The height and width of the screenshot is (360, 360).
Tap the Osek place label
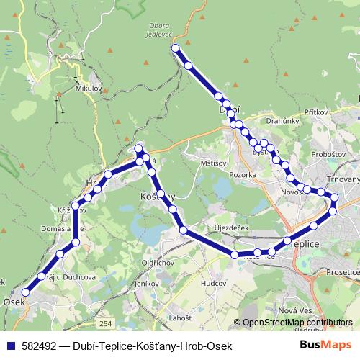(14, 302)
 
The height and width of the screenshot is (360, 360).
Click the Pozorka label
(243, 174)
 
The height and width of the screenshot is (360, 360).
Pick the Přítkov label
(316, 113)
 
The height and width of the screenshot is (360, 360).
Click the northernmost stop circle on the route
(175, 48)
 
